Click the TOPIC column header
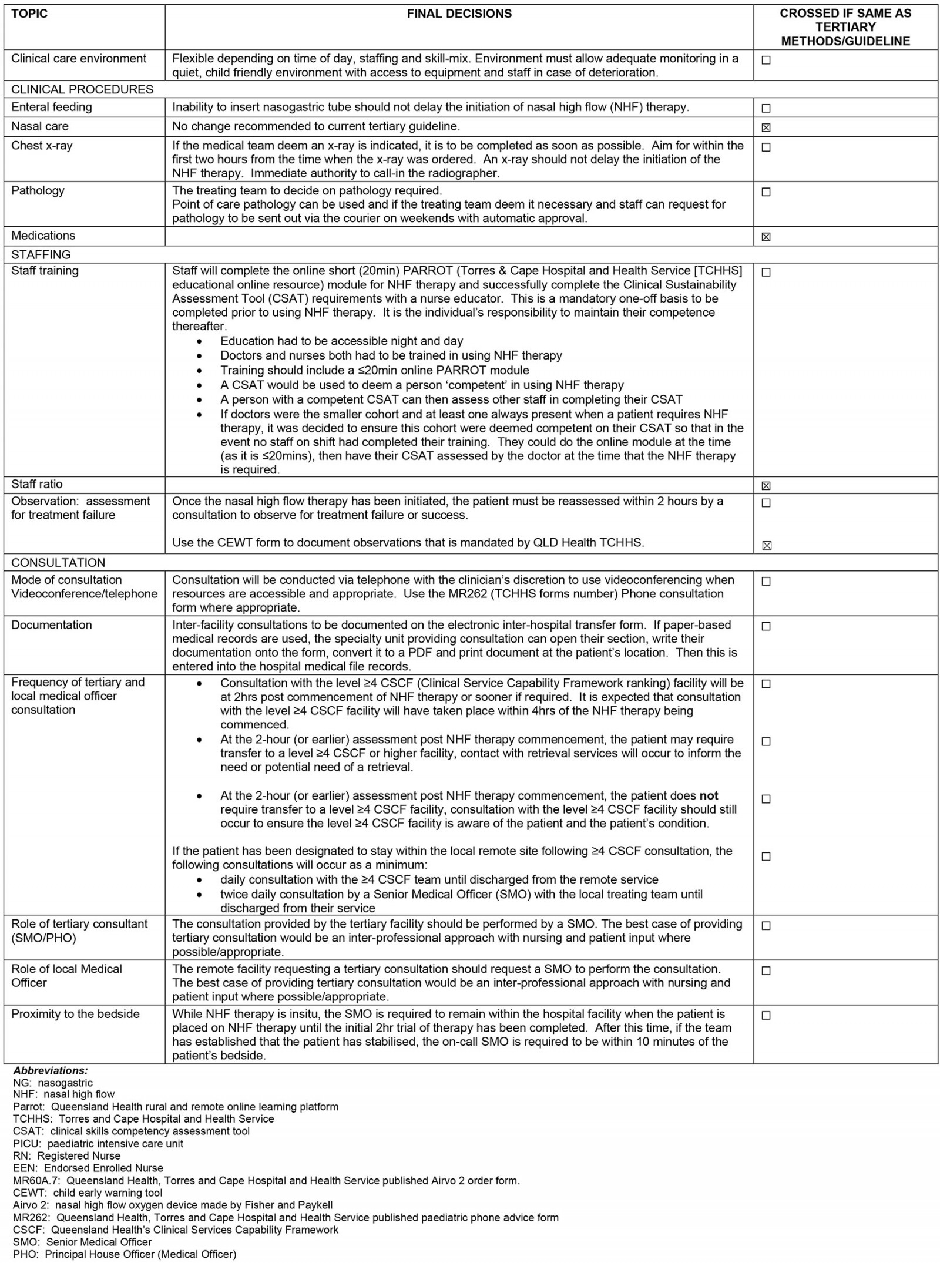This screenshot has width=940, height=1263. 29,14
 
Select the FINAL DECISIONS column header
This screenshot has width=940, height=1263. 459,14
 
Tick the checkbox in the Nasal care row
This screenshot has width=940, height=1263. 766,127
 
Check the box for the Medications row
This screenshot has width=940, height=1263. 766,237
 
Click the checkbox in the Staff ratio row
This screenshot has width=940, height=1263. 766,486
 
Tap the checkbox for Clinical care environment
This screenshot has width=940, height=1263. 766,60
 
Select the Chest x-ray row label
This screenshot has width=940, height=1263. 42,146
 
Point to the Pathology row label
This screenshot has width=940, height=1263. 38,191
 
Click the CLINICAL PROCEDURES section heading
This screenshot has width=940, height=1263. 82,90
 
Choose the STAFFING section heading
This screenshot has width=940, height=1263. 41,255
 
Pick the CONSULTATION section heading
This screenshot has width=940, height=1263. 58,563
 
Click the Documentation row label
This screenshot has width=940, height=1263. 52,625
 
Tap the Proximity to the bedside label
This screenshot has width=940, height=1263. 75,1014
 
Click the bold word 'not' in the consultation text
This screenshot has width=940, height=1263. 709,796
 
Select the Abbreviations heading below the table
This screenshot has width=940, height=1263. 51,1071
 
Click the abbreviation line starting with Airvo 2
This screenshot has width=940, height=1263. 173,1205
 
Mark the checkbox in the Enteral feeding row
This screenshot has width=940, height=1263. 766,108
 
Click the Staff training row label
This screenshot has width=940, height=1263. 45,271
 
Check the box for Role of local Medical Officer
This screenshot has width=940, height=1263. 766,971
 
